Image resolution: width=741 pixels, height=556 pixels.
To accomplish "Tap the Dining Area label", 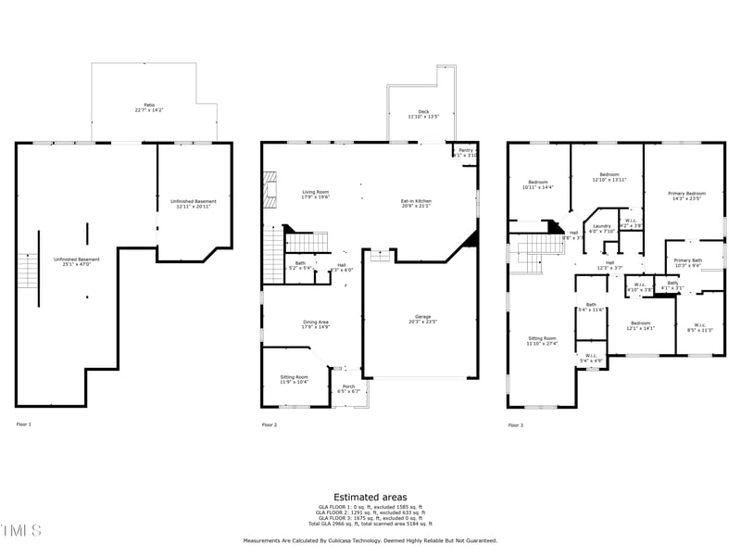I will (315, 324).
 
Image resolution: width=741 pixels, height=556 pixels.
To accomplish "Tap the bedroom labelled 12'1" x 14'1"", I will (640, 325).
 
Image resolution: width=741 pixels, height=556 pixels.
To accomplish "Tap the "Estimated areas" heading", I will (370, 498).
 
